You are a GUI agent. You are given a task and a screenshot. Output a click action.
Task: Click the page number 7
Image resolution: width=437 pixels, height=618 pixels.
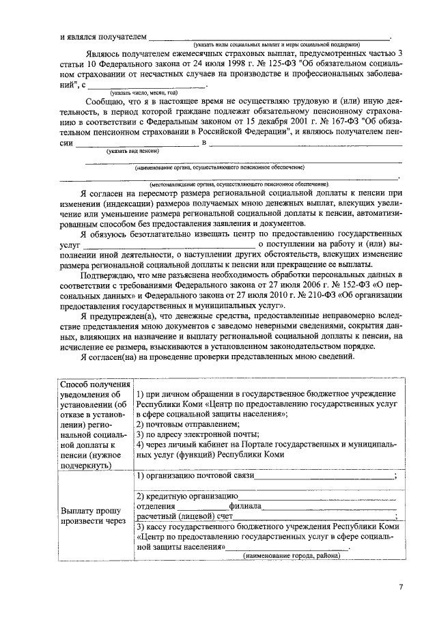point(401,587)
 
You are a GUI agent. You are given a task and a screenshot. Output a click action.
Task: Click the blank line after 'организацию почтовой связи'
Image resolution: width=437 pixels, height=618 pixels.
point(324,475)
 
